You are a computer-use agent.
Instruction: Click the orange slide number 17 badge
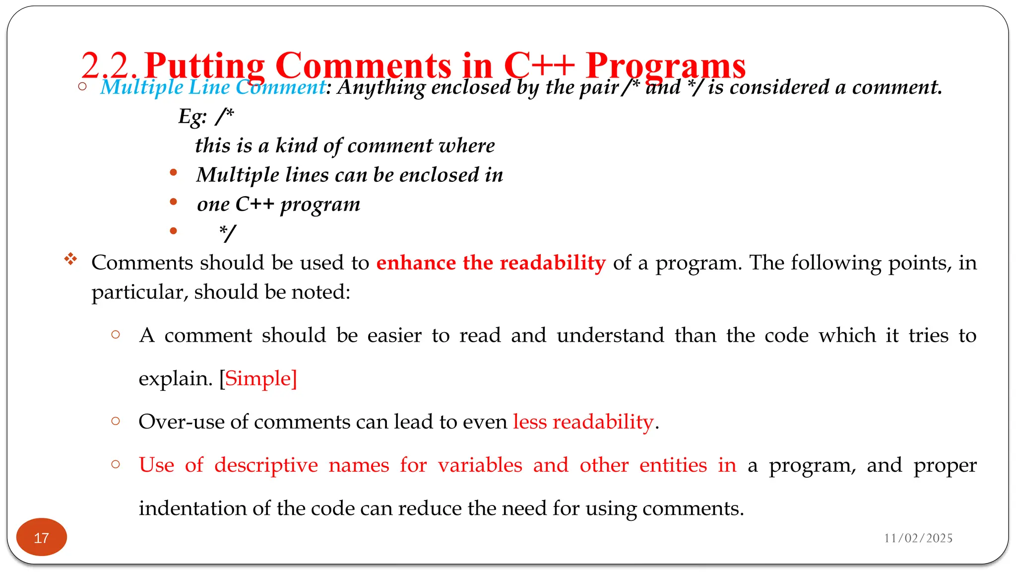pos(42,537)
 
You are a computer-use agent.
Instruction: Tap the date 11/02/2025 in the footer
pos(918,538)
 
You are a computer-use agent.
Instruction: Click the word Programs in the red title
pos(665,65)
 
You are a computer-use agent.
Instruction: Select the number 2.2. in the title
pos(110,65)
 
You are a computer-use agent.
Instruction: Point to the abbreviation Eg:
pos(192,117)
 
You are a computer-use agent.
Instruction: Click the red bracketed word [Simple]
pos(258,378)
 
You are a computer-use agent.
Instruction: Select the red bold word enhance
pos(416,263)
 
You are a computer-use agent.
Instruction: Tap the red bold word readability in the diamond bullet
pos(553,263)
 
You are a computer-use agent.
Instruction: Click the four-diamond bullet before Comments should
pos(70,259)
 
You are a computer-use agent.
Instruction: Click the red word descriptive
pos(266,465)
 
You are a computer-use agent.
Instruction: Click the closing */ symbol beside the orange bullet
pos(228,233)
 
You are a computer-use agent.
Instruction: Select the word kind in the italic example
pos(296,145)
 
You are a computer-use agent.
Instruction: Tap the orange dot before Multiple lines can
pos(173,173)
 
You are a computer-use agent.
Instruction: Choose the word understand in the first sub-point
pos(610,335)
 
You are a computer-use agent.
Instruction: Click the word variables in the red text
pos(480,465)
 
